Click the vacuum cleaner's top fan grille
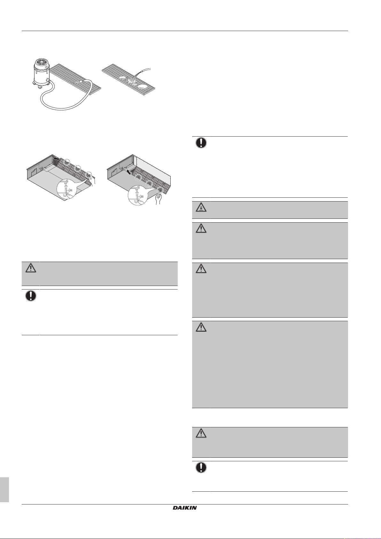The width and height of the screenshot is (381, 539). point(42,62)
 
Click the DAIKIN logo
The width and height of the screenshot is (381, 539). point(185,508)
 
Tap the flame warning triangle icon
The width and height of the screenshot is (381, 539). point(201,207)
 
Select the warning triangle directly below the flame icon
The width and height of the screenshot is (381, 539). point(201,228)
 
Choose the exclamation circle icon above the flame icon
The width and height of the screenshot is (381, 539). point(201,143)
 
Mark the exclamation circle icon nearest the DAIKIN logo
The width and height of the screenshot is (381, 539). point(201,467)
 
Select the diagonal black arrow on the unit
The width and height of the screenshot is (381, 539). point(129,171)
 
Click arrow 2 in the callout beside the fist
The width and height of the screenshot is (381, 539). point(137,193)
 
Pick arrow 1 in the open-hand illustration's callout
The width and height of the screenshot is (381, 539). point(70,190)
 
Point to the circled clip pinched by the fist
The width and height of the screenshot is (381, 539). point(159,190)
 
